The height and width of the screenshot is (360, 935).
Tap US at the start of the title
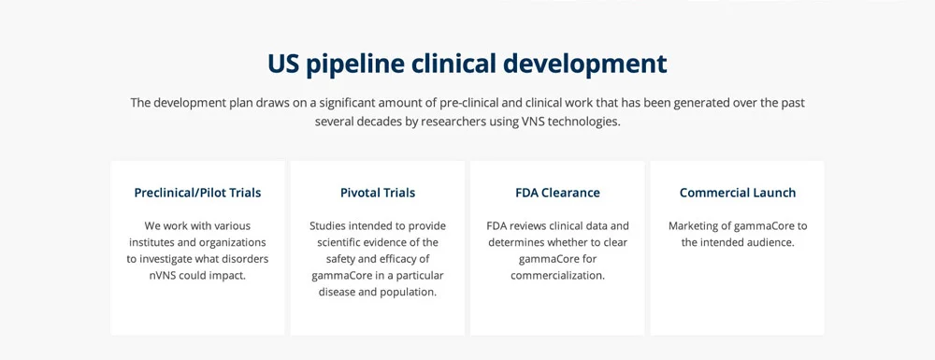tap(283, 64)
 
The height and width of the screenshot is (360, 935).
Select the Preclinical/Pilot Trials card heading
tap(197, 193)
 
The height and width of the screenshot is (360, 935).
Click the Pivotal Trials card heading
tap(378, 193)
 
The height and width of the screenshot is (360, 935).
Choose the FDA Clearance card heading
tap(557, 193)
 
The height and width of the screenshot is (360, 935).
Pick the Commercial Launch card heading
tap(738, 193)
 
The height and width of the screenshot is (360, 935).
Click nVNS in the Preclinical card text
tap(165, 276)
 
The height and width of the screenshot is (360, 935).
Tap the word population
tap(405, 292)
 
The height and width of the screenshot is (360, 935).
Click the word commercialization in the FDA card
tap(557, 276)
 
